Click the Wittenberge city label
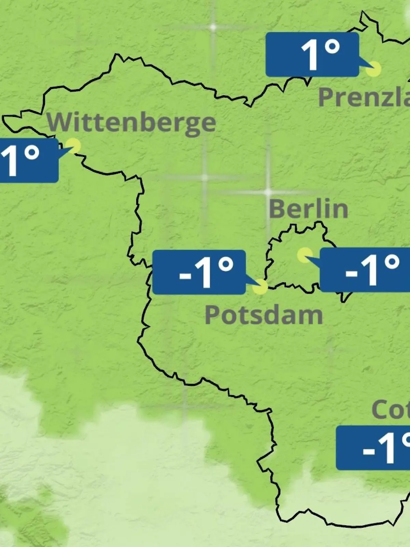click(132, 122)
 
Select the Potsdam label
click(263, 315)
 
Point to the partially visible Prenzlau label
click(364, 97)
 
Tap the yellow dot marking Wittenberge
click(73, 146)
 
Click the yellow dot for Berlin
click(304, 255)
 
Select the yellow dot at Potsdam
click(260, 286)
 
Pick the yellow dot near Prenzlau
click(373, 69)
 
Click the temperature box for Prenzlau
click(312, 54)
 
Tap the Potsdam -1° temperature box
click(199, 272)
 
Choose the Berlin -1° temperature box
click(365, 270)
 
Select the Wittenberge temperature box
click(29, 160)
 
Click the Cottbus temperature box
click(373, 448)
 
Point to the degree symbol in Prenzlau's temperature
click(332, 46)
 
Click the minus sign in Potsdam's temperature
click(185, 275)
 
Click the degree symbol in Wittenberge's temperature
click(31, 153)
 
